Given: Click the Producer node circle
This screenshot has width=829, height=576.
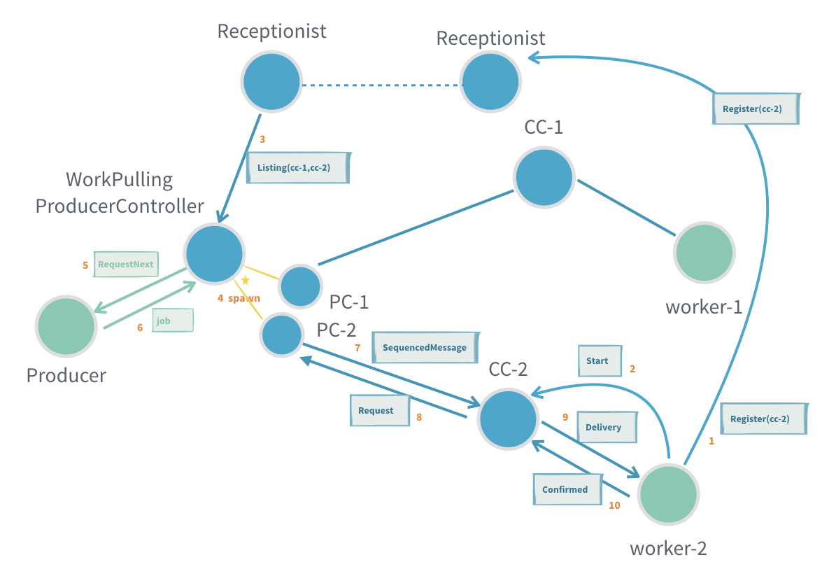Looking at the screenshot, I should tap(66, 325).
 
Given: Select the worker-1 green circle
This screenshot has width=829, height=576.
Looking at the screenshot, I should tap(704, 253).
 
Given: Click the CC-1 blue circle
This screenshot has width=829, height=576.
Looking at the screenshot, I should tap(544, 177).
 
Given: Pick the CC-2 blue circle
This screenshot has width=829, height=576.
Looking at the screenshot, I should tap(508, 420).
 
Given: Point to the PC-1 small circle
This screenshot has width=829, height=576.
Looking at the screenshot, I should tap(301, 286).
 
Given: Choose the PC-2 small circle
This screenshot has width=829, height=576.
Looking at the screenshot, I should tap(281, 335).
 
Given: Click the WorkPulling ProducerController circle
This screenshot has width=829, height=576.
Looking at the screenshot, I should tap(214, 254).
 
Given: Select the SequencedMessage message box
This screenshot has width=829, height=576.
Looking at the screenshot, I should tap(424, 347).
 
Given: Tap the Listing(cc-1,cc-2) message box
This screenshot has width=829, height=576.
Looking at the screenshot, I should tap(298, 169).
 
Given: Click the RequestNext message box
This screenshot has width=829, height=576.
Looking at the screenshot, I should tap(126, 265).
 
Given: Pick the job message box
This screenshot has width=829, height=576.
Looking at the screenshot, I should tap(172, 321).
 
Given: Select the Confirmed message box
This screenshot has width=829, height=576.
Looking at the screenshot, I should tap(565, 489).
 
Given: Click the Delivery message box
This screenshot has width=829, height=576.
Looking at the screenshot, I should tap(603, 427).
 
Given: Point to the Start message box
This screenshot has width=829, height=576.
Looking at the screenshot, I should tap(598, 361).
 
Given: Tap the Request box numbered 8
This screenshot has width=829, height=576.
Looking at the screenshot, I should tap(378, 410).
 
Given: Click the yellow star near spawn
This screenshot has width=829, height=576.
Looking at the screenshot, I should tap(246, 281).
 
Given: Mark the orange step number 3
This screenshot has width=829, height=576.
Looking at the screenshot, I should tap(262, 139).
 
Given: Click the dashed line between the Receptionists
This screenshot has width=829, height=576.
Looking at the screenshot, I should tap(381, 85).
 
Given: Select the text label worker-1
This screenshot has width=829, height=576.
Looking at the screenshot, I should tap(703, 306).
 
